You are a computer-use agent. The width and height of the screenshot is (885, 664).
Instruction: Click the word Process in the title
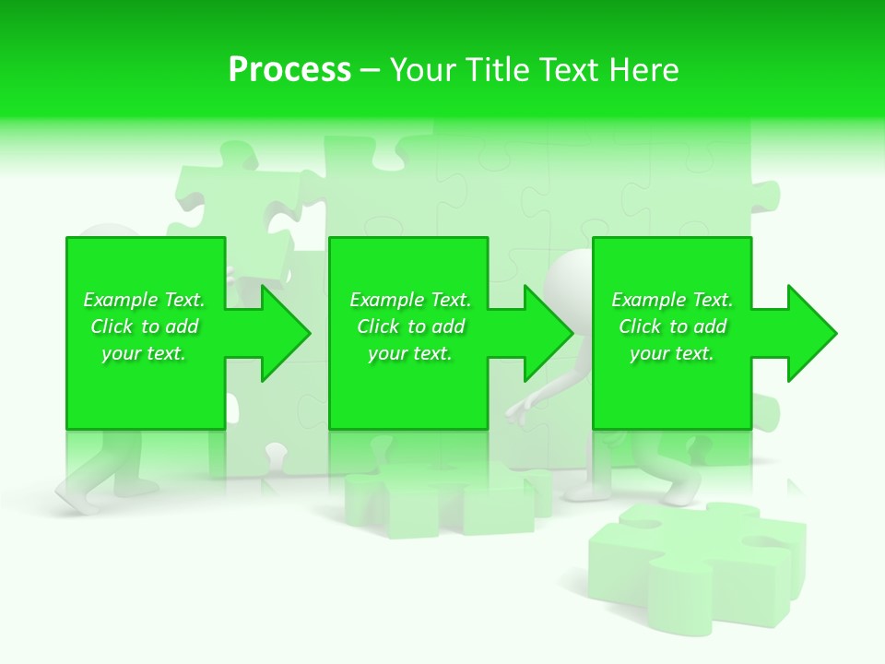[x=289, y=70]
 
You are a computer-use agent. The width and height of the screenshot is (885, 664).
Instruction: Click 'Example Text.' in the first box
[x=144, y=300]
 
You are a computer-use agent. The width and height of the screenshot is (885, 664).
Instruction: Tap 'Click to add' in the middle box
[x=410, y=326]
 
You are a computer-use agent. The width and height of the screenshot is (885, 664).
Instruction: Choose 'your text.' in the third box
[x=672, y=353]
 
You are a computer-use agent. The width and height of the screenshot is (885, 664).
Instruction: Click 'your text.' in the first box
[x=144, y=353]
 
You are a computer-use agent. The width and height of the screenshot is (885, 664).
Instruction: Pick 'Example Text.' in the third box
[x=672, y=300]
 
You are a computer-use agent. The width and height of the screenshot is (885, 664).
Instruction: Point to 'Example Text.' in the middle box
[x=410, y=300]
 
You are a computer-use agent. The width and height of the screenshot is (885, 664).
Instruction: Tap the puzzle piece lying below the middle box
[x=442, y=503]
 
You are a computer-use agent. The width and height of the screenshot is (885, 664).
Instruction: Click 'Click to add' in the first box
[x=144, y=326]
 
